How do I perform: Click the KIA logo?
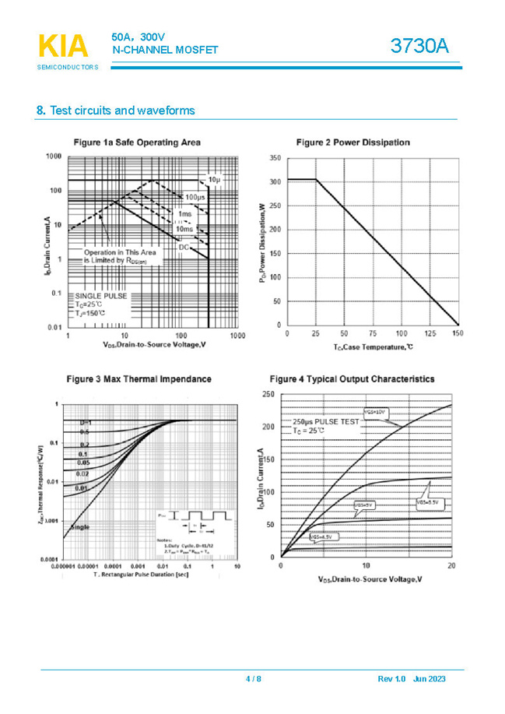click(x=63, y=47)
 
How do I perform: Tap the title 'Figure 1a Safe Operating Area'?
click(x=136, y=142)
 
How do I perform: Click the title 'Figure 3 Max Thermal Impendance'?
click(x=138, y=379)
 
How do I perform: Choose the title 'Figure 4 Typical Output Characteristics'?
click(x=352, y=379)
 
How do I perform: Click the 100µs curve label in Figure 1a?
click(x=195, y=197)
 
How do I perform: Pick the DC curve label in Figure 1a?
click(x=184, y=248)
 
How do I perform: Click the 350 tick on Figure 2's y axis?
click(x=275, y=158)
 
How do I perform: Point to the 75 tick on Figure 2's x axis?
click(x=372, y=333)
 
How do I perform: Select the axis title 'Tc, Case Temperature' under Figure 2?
click(x=373, y=346)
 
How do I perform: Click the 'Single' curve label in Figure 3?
click(x=80, y=527)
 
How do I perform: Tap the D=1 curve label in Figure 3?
click(x=86, y=421)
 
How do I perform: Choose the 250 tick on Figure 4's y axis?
click(x=268, y=395)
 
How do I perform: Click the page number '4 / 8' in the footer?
click(x=254, y=679)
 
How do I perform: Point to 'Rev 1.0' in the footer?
click(x=391, y=679)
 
